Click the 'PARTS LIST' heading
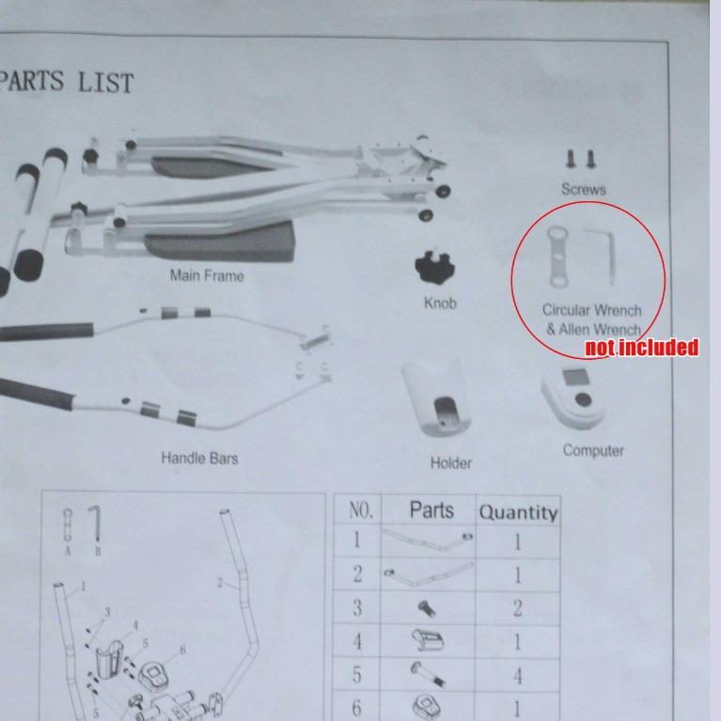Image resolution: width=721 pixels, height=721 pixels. pyautogui.click(x=66, y=82)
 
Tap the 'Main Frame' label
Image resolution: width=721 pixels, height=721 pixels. pyautogui.click(x=207, y=275)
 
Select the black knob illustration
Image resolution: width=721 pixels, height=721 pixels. pyautogui.click(x=434, y=267)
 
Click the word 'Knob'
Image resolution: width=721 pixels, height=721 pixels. pyautogui.click(x=440, y=303)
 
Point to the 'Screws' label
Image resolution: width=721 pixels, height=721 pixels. pyautogui.click(x=584, y=189)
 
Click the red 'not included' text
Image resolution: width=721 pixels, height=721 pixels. pyautogui.click(x=641, y=347)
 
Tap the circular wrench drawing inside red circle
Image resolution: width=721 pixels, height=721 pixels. pyautogui.click(x=557, y=257)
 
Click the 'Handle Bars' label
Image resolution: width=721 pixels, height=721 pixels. pyautogui.click(x=199, y=458)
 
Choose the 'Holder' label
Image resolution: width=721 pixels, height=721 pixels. pyautogui.click(x=450, y=462)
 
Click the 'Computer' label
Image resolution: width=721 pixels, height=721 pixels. pyautogui.click(x=593, y=450)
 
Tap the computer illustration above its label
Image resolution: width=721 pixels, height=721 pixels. pyautogui.click(x=572, y=398)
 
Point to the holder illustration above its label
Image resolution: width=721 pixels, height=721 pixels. pyautogui.click(x=436, y=399)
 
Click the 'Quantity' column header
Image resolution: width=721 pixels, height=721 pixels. pyautogui.click(x=518, y=512)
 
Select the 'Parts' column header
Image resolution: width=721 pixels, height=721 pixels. pyautogui.click(x=431, y=509)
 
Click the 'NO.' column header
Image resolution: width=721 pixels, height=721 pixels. pyautogui.click(x=361, y=509)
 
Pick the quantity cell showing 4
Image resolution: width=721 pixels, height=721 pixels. pyautogui.click(x=518, y=676)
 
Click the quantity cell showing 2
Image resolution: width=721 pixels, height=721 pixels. pyautogui.click(x=518, y=608)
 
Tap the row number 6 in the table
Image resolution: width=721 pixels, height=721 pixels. pyautogui.click(x=357, y=708)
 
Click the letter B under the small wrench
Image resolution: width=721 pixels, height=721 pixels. pyautogui.click(x=98, y=551)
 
